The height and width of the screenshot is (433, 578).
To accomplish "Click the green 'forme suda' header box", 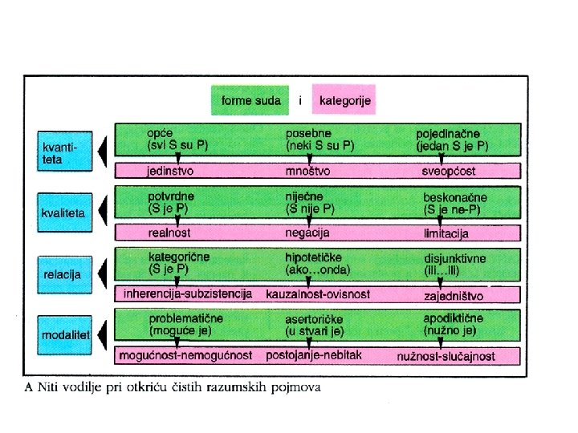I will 251,100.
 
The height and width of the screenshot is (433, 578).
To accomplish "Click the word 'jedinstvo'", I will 169,171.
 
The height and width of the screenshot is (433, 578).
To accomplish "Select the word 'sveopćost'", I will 448,171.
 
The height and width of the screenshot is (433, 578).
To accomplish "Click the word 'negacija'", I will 307,233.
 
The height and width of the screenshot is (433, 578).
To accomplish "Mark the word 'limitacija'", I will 446,233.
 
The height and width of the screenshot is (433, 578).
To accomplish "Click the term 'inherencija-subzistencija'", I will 188,293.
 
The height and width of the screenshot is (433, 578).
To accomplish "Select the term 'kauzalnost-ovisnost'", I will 318,294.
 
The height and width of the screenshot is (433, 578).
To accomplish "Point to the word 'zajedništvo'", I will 452,295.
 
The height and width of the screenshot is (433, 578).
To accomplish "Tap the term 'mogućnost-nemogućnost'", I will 185,354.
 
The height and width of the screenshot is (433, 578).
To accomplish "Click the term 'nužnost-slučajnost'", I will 446,355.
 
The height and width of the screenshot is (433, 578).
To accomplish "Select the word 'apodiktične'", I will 454,318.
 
